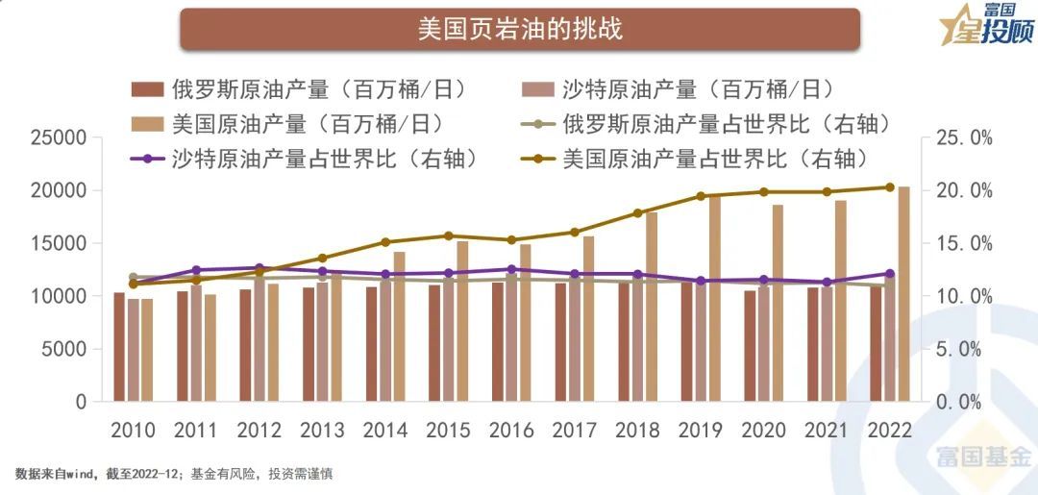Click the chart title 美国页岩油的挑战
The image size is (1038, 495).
(519, 28)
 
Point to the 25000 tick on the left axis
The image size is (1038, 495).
(60, 138)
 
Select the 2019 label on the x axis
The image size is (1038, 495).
(701, 430)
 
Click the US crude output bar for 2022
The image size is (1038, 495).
(903, 293)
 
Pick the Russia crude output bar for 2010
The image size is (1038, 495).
(119, 347)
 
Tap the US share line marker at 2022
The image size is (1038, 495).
(889, 187)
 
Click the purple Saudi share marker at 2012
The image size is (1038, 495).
(259, 268)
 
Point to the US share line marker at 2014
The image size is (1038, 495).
(385, 242)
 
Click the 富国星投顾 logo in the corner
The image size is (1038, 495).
(985, 25)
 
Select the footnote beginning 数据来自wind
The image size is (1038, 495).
(173, 474)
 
